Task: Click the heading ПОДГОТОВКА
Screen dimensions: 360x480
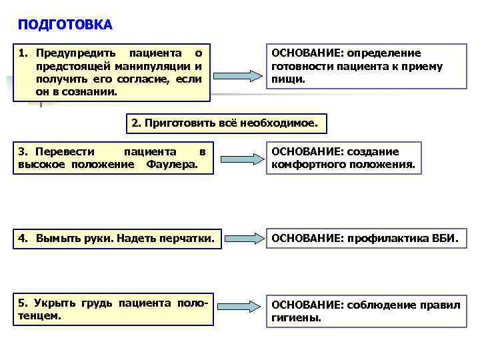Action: [65, 25]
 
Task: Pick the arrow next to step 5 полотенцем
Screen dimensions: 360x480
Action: [242, 308]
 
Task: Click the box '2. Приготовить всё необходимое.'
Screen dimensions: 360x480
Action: [225, 123]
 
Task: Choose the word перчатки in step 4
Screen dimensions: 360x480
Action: [189, 238]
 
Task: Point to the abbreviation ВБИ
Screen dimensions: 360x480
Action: [444, 238]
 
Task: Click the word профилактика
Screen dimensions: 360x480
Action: [379, 238]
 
